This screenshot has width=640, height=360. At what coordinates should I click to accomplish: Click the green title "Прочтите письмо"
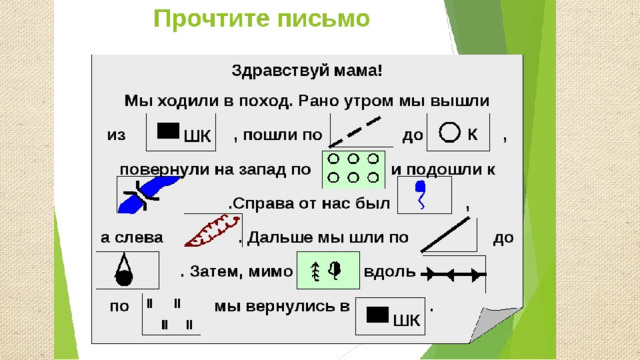[x=262, y=19]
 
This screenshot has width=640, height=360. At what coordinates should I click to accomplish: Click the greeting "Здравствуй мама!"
[x=307, y=71]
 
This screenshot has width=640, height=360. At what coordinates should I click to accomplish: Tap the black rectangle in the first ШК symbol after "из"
[x=168, y=131]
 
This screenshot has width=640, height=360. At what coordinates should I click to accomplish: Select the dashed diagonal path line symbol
[x=355, y=131]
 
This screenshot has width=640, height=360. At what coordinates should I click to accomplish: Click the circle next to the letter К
[x=449, y=133]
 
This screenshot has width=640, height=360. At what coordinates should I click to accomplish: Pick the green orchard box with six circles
[x=353, y=169]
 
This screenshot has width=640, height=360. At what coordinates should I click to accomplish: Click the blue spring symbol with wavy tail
[x=421, y=194]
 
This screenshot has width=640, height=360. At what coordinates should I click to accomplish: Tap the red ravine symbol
[x=211, y=232]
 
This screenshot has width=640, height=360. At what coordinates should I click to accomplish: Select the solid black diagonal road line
[x=446, y=234]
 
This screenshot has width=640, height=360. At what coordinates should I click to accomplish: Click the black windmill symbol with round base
[x=124, y=269]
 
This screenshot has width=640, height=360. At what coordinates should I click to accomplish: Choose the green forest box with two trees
[x=328, y=270]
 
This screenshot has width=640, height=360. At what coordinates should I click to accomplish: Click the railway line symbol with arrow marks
[x=453, y=274]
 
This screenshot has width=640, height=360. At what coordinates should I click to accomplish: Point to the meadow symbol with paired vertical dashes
[x=169, y=314]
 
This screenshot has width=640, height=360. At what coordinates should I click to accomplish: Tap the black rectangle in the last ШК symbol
[x=378, y=315]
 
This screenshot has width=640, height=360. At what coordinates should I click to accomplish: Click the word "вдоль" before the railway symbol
[x=389, y=271]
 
